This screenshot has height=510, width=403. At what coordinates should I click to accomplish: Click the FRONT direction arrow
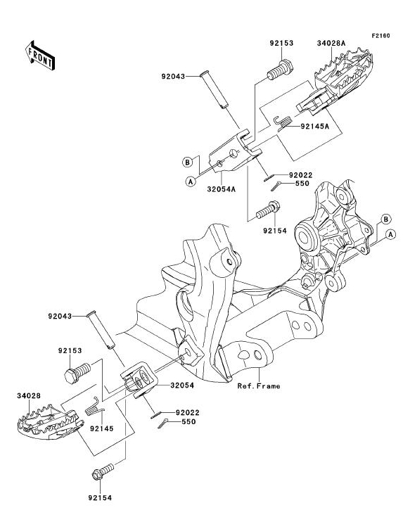point(40,56)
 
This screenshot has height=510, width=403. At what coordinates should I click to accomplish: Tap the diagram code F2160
point(381,36)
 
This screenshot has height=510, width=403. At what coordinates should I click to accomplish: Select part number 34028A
point(331,43)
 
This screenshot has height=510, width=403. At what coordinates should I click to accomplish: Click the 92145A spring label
point(314,126)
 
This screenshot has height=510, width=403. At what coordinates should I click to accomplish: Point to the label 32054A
point(221,189)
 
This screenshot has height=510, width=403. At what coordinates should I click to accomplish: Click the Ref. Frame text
point(259,386)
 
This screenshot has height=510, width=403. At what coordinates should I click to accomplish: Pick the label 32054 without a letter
point(182,385)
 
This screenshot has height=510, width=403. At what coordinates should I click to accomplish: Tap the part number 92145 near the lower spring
point(102,428)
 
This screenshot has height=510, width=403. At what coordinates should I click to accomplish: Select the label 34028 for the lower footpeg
point(29,396)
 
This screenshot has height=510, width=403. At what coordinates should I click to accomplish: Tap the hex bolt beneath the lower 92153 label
point(77,373)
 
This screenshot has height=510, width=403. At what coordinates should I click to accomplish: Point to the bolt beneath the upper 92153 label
point(280,70)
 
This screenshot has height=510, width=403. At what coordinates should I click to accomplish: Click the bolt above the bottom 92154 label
point(103,471)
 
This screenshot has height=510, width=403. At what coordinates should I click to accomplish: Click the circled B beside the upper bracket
point(187,162)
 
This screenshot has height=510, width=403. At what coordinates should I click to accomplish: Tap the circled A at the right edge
point(391,234)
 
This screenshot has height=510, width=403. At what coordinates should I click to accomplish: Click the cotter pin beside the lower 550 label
point(163,423)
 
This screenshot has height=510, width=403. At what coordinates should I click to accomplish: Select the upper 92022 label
point(300,175)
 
